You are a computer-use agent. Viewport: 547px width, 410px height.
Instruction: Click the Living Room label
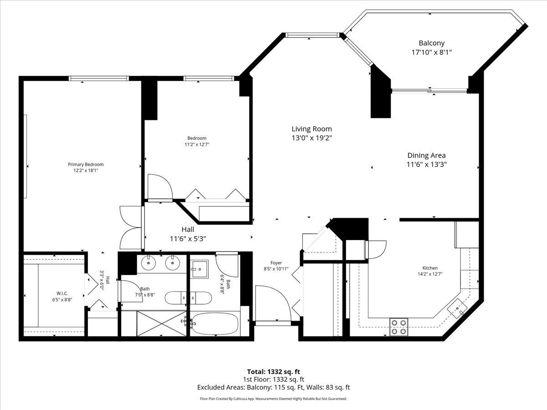click(311, 129)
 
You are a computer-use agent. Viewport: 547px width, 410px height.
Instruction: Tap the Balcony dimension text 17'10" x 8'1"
click(432, 52)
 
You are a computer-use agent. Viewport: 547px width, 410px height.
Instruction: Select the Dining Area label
click(426, 155)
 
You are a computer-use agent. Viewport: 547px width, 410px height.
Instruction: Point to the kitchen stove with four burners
click(399, 327)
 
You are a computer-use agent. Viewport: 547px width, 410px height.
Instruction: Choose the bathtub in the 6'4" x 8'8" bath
click(215, 324)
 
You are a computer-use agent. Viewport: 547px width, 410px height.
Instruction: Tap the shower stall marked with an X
click(161, 323)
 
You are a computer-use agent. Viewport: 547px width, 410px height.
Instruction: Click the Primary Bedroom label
click(86, 164)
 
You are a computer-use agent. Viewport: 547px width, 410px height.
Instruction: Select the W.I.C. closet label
click(62, 293)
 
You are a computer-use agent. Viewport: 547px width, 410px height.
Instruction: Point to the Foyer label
click(276, 263)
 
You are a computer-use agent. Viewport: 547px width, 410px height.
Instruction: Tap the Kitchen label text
click(430, 268)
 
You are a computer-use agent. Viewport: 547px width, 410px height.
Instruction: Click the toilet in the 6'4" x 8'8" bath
click(199, 269)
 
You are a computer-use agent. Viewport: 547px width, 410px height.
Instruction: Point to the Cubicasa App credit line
click(273, 399)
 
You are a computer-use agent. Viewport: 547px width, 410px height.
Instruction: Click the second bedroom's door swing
click(160, 186)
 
